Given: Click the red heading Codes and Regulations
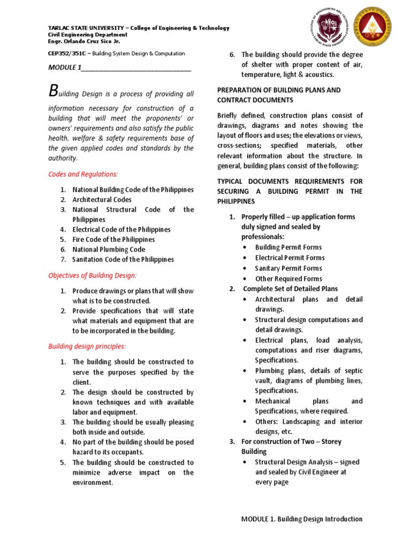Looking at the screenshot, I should [83, 174].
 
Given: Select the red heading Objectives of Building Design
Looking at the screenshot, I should [93, 275].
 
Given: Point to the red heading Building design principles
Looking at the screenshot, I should [87, 346].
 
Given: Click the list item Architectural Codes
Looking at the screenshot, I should [102, 200].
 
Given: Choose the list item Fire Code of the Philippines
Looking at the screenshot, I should [113, 239].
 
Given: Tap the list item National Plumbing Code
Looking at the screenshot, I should [109, 249].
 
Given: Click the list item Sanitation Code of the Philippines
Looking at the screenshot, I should [123, 260].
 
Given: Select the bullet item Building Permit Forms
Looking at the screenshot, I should [288, 247].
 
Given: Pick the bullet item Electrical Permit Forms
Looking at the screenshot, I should [290, 257].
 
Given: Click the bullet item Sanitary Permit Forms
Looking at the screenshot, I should [288, 268].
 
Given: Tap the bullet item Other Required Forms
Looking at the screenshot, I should [288, 278].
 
